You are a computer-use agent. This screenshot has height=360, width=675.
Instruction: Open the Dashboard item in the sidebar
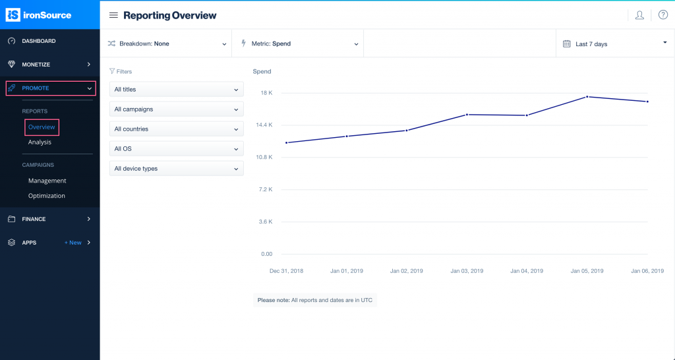[x=39, y=41]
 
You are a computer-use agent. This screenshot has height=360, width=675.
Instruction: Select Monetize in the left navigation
[x=36, y=65]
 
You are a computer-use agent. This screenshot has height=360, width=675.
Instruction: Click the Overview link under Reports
[x=42, y=127]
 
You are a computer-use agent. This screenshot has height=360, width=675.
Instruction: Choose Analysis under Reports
[x=40, y=142]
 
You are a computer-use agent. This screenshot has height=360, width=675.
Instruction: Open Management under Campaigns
[x=47, y=181]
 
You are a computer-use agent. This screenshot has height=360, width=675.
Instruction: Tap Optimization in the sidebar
[x=46, y=196]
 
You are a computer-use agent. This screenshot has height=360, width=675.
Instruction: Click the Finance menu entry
[x=34, y=219]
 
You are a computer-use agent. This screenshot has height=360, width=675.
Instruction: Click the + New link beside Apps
[x=73, y=243]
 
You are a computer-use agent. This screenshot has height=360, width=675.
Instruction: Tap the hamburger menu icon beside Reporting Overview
[x=113, y=15]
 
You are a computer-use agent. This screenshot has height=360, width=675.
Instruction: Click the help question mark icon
[x=663, y=15]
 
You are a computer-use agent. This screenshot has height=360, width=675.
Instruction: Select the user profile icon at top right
[x=639, y=15]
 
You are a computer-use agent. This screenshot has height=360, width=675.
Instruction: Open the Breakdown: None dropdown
[x=167, y=44]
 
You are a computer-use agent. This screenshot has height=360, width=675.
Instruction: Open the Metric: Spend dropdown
[x=299, y=44]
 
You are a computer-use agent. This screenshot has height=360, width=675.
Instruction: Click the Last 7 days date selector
[x=614, y=44]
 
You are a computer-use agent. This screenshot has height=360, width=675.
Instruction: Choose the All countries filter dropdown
[x=176, y=129]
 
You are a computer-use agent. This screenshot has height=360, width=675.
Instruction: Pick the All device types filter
[x=176, y=169]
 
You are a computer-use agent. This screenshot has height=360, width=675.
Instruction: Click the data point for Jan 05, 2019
[x=587, y=97]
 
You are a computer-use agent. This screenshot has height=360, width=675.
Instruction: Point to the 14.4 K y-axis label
[x=264, y=125]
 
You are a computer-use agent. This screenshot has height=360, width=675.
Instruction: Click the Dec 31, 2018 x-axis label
[x=286, y=271]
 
